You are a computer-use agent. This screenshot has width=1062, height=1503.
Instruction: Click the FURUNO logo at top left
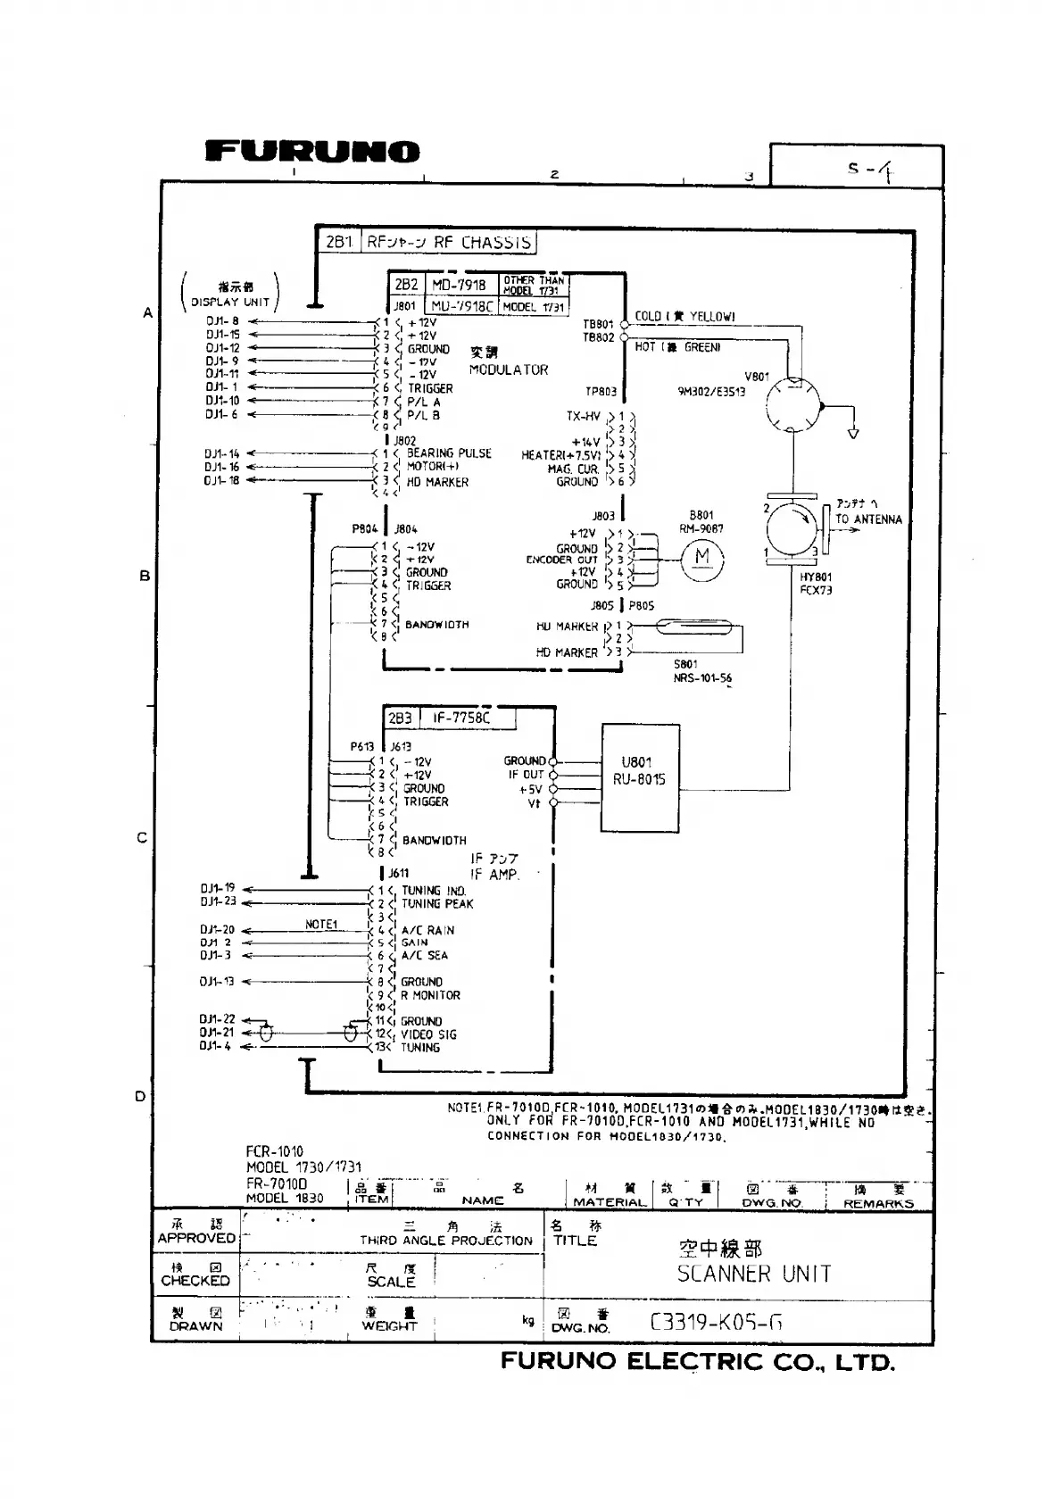pyautogui.click(x=312, y=152)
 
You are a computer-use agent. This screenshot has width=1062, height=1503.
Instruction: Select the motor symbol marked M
pyautogui.click(x=702, y=558)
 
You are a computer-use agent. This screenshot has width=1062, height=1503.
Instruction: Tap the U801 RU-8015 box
pyautogui.click(x=638, y=770)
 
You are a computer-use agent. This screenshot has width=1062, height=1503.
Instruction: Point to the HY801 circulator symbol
pyautogui.click(x=791, y=527)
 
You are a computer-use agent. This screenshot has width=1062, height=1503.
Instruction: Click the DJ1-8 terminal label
pyautogui.click(x=222, y=321)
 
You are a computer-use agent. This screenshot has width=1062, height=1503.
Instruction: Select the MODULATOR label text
pyautogui.click(x=509, y=370)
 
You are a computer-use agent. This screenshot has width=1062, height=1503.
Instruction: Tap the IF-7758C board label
pyautogui.click(x=461, y=718)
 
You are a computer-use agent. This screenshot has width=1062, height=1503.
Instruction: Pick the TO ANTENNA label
pyautogui.click(x=868, y=519)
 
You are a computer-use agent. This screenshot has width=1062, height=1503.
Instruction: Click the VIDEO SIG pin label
pyautogui.click(x=428, y=1034)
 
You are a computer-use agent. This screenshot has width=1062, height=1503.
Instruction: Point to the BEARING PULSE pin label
pyautogui.click(x=449, y=453)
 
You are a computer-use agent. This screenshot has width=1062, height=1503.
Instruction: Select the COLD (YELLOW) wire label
pyautogui.click(x=684, y=317)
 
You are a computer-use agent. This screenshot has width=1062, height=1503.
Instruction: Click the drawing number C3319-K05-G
pyautogui.click(x=717, y=1322)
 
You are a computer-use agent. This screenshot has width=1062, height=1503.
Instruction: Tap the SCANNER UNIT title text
pyautogui.click(x=754, y=1274)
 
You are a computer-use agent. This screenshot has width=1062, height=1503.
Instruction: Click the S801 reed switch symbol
pyautogui.click(x=685, y=628)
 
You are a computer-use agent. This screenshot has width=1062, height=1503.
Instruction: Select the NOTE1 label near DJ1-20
pyautogui.click(x=321, y=925)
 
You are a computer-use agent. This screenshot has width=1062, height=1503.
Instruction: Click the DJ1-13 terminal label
pyautogui.click(x=217, y=982)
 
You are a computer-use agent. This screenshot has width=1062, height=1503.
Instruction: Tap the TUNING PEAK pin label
pyautogui.click(x=437, y=903)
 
